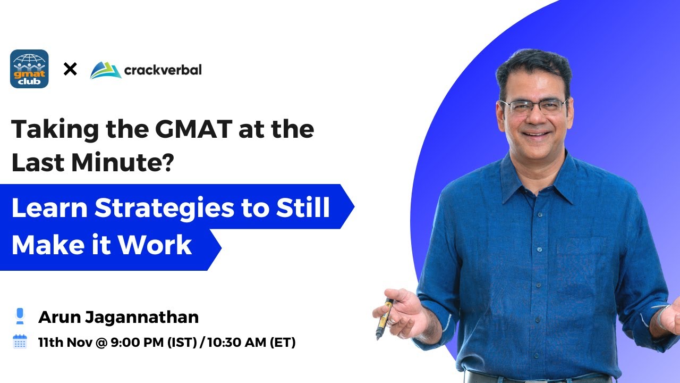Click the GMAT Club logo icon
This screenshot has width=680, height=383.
pos(29,69)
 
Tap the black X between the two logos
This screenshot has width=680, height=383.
pos(70,69)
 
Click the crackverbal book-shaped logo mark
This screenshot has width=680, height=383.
pos(105,70)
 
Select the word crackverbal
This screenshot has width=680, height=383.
pos(163,70)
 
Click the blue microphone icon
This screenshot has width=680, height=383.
pos(20,317)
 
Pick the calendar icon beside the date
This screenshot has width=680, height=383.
pos(20,342)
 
